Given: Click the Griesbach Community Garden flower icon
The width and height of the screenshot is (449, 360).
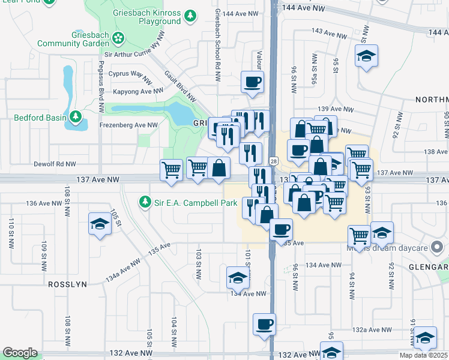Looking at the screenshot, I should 118,38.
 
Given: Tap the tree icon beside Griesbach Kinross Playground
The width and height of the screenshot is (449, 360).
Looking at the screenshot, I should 190,15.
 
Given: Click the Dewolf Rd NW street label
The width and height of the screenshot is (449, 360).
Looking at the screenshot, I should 55,163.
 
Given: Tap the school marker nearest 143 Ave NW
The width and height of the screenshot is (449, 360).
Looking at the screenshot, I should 367,56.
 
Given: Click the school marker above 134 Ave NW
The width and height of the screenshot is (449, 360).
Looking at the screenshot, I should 237,278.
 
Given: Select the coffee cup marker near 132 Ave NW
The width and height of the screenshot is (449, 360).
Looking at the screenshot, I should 264,325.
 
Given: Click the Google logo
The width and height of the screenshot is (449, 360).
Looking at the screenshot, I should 20,353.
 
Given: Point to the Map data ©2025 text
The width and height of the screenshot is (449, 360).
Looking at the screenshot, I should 423,355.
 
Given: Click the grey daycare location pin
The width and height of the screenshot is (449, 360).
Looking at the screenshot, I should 438,246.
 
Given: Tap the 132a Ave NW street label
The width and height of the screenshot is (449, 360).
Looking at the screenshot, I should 372,329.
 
